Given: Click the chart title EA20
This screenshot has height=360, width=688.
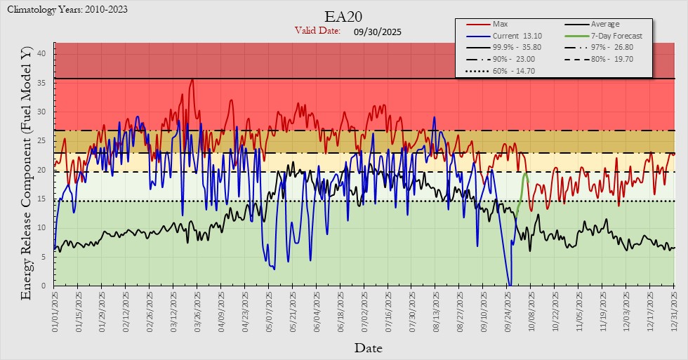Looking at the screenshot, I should pos(343,16).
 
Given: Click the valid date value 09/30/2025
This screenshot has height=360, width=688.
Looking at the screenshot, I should pos(378,32).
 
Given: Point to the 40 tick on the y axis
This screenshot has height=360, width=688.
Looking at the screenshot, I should pos(41,53).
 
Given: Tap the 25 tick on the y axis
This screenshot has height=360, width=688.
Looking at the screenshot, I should pos(41,140).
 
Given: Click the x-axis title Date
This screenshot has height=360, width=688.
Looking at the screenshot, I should pos(368,347).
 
